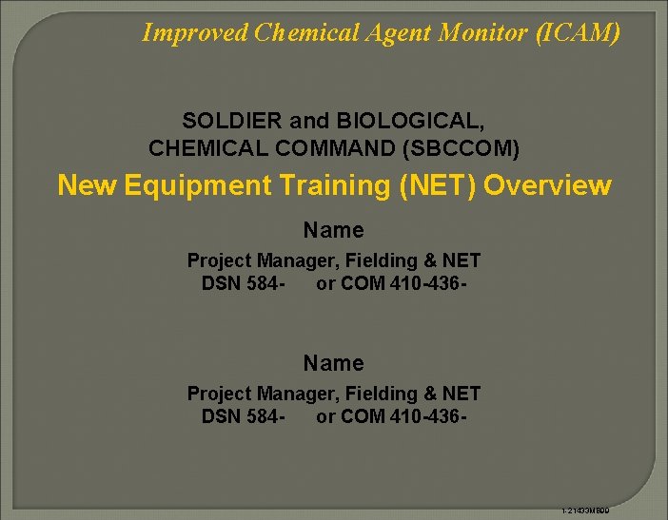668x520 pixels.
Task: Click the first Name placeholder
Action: [333, 230]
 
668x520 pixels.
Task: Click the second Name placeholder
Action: [333, 363]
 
